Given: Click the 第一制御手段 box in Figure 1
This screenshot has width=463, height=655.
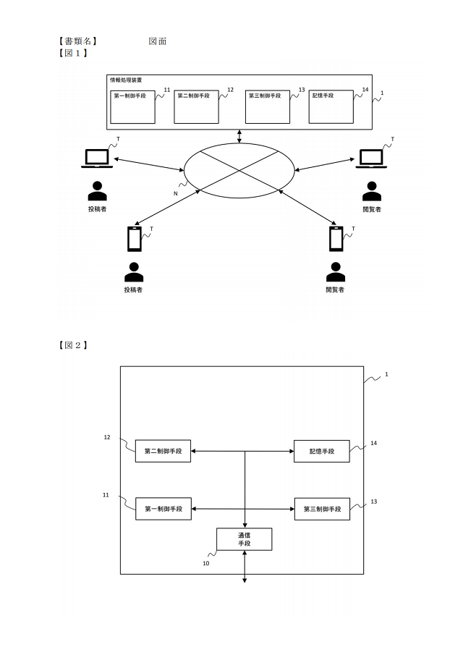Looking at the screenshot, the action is [133, 107].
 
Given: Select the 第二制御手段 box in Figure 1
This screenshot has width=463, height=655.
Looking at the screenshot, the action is [196, 107].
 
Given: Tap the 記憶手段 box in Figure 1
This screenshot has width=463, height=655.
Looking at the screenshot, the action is [331, 107].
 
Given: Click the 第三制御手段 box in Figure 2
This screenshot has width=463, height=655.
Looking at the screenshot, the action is [322, 509].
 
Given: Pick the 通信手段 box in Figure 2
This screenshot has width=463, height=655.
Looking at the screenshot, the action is [245, 539].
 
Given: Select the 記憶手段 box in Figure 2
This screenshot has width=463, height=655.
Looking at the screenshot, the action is [321, 451].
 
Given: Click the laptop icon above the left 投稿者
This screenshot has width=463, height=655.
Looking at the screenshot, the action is [97, 159].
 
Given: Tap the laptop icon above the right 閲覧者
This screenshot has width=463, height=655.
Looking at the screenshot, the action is [372, 159].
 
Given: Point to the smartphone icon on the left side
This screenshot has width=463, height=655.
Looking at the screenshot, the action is [134, 239].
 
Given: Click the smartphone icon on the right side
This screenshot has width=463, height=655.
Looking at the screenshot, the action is [336, 239].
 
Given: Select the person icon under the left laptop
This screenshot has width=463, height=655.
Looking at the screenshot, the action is [97, 191].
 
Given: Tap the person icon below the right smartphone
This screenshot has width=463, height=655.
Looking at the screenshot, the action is [335, 272].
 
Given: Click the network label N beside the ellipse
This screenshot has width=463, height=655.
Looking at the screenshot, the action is [175, 193].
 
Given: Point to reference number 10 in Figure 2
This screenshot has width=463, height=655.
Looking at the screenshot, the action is [206, 564].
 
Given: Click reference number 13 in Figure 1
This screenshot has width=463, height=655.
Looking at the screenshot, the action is [302, 90].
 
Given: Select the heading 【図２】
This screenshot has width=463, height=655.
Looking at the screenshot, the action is [74, 345].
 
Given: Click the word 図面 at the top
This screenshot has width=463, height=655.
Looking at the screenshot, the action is [158, 41].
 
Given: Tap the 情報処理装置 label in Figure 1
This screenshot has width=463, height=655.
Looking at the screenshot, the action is [126, 80].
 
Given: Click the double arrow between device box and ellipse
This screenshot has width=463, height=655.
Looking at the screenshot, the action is [239, 137].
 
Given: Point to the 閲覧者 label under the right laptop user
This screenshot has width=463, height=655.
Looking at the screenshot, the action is [372, 209].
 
